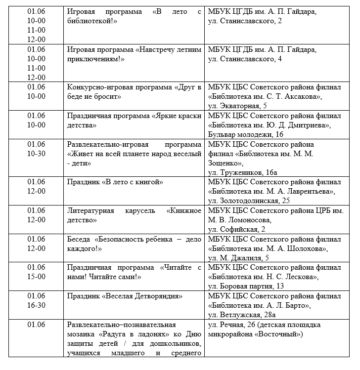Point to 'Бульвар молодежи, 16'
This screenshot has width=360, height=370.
245,134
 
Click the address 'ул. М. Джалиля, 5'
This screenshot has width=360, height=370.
238,258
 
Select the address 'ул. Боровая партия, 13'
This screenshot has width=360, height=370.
246,287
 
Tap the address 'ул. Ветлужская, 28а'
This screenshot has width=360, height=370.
242,315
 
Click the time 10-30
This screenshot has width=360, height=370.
36,154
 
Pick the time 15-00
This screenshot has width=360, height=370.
36,277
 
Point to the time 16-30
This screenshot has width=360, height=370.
36,305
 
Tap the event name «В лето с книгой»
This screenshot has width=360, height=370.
132,182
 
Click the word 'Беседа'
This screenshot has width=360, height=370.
79,239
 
